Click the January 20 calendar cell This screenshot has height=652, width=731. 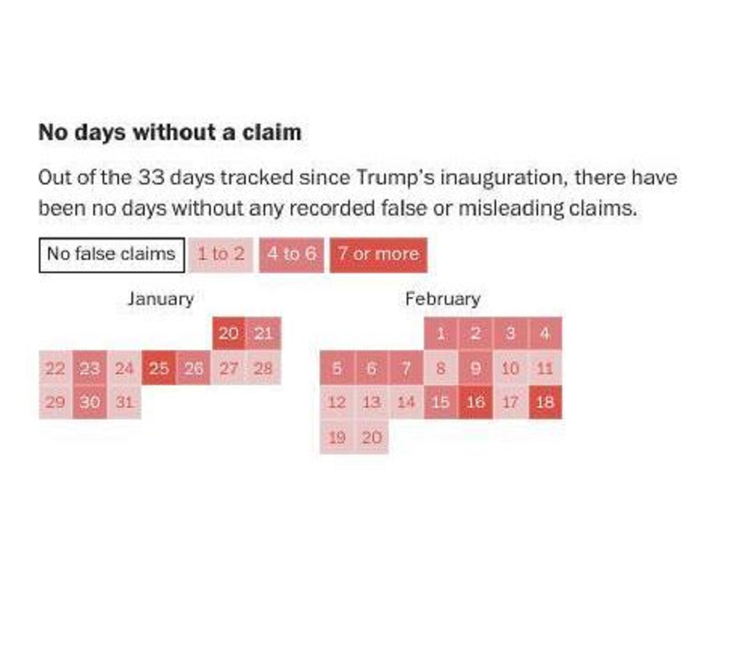click(x=229, y=334)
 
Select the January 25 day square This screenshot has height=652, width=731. click(x=159, y=369)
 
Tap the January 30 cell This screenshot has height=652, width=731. click(x=90, y=403)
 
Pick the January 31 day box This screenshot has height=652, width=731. click(x=124, y=403)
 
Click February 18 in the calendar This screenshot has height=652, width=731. click(x=544, y=403)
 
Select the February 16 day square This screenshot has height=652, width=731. click(x=475, y=403)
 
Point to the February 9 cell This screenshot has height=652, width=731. click(x=475, y=369)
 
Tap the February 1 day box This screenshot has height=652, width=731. click(x=441, y=334)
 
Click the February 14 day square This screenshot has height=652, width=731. click(x=406, y=403)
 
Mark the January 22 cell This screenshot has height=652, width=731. click(x=55, y=369)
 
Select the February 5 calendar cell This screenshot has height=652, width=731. click(x=337, y=369)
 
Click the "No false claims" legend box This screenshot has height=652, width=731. click(x=111, y=254)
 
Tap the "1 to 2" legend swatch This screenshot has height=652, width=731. click(x=221, y=254)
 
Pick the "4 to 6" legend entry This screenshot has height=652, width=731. click(x=292, y=254)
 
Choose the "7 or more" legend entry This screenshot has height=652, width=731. click(x=378, y=254)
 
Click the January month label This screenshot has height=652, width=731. click(x=160, y=299)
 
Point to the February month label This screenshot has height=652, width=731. click(x=442, y=299)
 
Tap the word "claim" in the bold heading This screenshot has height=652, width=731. click(x=275, y=132)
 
